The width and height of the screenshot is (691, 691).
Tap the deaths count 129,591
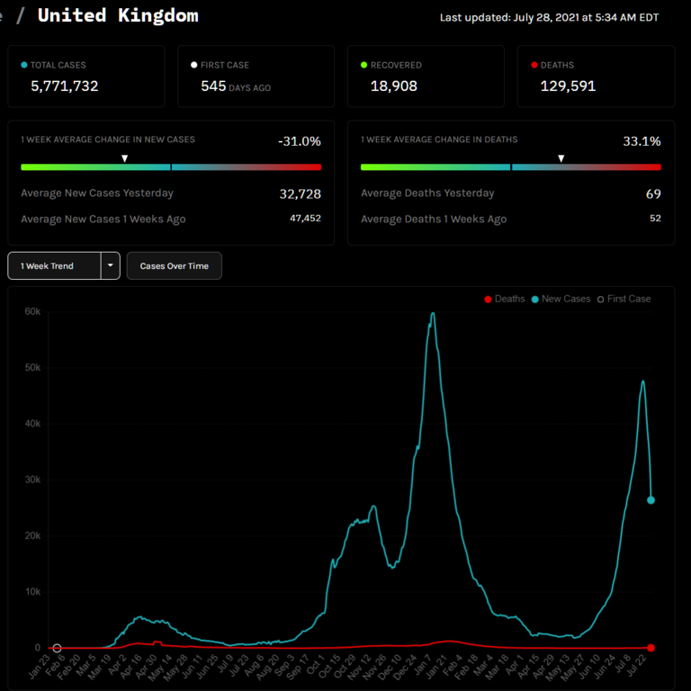click(x=568, y=86)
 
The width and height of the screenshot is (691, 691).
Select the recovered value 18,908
click(x=393, y=86)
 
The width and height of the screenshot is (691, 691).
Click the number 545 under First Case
click(x=213, y=86)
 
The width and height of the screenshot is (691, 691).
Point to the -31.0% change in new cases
click(x=300, y=141)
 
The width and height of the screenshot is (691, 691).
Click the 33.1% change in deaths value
click(x=642, y=141)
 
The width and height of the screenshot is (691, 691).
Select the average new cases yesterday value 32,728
click(x=300, y=193)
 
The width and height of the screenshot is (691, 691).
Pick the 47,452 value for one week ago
click(x=305, y=219)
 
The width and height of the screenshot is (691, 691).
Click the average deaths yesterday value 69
click(x=653, y=193)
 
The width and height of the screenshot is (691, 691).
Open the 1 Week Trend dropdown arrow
click(x=111, y=266)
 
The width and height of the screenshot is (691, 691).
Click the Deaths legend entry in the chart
click(x=505, y=299)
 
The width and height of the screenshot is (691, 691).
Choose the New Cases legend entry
click(x=561, y=299)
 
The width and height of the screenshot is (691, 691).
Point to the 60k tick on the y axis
click(x=32, y=311)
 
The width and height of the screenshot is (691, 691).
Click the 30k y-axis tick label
click(x=32, y=480)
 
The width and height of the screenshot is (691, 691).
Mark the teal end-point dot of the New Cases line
click(x=651, y=500)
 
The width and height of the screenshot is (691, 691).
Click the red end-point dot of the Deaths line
click(x=651, y=648)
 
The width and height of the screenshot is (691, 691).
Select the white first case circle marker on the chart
click(x=57, y=648)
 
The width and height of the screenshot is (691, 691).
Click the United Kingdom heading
click(x=118, y=15)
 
